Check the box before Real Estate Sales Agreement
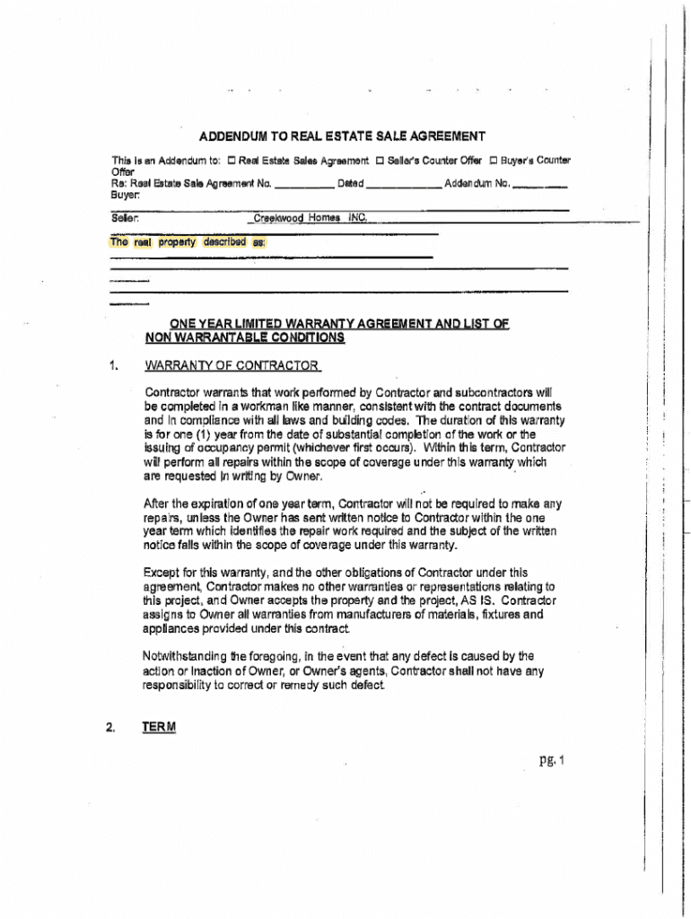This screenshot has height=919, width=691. [231, 161]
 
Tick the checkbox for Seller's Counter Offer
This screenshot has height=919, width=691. [379, 161]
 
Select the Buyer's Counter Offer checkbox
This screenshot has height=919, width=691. [493, 161]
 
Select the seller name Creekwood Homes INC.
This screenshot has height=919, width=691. [311, 217]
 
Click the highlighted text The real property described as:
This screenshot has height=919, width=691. [187, 241]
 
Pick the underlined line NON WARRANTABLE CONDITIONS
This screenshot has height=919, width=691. [244, 337]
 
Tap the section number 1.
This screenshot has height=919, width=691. [114, 365]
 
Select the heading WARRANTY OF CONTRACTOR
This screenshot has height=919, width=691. [232, 365]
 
